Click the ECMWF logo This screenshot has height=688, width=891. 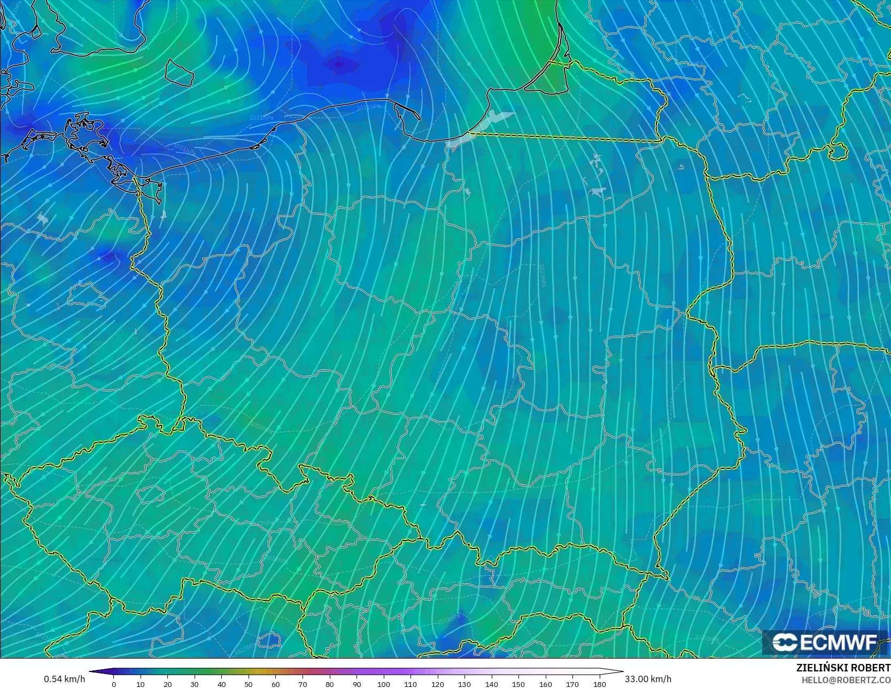tap(825, 643)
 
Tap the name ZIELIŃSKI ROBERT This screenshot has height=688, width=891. tap(843, 668)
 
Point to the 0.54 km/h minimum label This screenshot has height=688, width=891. tap(64, 679)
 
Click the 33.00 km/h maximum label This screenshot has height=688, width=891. tap(648, 679)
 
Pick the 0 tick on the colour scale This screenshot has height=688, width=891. tap(114, 684)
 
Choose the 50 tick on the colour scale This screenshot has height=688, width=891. tap(249, 684)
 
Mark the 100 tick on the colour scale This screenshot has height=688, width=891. tap(384, 684)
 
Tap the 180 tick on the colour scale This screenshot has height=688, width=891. tap(600, 684)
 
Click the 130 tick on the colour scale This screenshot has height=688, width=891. tap(464, 684)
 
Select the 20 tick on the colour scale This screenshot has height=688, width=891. tap(168, 684)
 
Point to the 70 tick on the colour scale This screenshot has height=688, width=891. tap(303, 684)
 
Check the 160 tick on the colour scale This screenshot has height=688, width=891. tap(546, 684)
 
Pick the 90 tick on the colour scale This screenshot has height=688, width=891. tap(357, 684)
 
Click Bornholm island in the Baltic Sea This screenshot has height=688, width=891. tap(179, 73)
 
